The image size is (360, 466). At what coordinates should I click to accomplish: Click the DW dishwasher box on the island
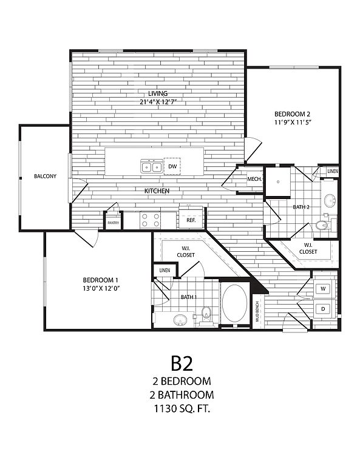[172, 166]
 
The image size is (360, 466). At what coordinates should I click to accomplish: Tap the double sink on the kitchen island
[152, 166]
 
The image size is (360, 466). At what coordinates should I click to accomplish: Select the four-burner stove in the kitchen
[151, 220]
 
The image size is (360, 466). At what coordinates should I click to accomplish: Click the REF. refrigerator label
[191, 220]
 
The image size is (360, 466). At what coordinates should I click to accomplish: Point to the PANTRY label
[114, 223]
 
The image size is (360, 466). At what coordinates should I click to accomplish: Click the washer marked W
[323, 288]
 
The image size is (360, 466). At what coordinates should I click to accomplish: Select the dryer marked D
[323, 309]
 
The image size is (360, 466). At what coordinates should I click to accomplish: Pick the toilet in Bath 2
[322, 225]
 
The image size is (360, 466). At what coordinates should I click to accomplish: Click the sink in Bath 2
[330, 200]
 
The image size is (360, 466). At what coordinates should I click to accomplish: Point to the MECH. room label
[254, 179]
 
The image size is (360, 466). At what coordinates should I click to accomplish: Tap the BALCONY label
[45, 176]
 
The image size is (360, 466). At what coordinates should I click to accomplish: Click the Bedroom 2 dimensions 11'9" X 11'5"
[293, 122]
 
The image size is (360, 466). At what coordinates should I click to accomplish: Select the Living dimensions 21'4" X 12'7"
[158, 102]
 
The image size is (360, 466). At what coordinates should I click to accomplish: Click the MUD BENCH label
[257, 312]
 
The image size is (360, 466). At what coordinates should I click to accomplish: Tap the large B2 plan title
[182, 363]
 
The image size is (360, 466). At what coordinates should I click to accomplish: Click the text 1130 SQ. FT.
[182, 409]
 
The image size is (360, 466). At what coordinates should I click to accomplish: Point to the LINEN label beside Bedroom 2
[333, 172]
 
